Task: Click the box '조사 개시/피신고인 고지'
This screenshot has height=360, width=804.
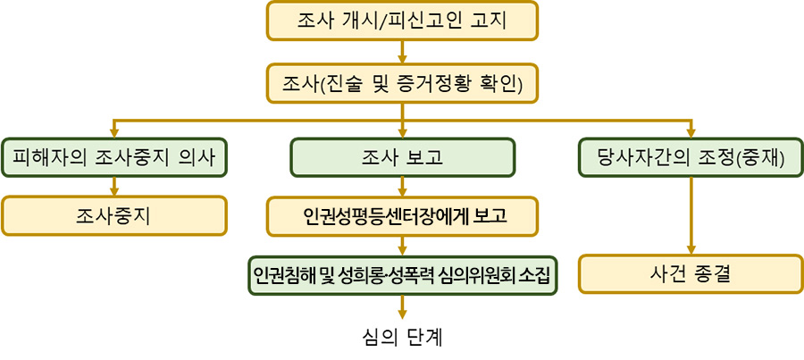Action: (x=402, y=21)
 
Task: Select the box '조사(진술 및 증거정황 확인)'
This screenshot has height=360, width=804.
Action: (x=402, y=84)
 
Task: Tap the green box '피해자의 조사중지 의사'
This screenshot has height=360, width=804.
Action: (x=113, y=157)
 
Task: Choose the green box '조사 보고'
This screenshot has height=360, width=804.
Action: (x=403, y=157)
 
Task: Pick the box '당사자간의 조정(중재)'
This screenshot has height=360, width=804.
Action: (x=691, y=157)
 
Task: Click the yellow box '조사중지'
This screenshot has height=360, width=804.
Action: (x=113, y=216)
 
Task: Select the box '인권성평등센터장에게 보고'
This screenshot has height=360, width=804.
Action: (x=402, y=216)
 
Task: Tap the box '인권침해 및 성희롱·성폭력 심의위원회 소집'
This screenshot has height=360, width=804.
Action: (x=402, y=275)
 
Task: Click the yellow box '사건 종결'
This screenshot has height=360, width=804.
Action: (x=691, y=274)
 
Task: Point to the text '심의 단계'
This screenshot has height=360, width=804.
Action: (x=402, y=338)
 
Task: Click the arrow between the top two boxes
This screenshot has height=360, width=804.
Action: (x=403, y=52)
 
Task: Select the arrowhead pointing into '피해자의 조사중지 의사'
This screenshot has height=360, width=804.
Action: (x=114, y=133)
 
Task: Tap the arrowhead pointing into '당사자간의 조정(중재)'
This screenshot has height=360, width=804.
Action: (x=691, y=133)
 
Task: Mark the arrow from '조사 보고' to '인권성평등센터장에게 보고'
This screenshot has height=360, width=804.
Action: (x=403, y=187)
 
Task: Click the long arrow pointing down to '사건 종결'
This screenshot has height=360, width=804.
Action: (x=691, y=216)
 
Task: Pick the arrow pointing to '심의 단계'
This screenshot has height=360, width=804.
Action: (x=403, y=307)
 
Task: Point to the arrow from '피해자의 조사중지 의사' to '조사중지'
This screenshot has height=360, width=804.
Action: (x=114, y=187)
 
